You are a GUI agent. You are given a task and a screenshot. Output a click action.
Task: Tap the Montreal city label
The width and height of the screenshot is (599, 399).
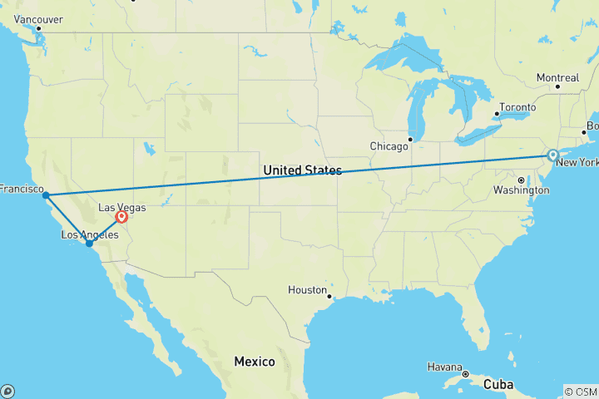(x=557, y=77)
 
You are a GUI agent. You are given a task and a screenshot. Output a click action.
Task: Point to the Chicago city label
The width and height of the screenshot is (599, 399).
(x=389, y=146)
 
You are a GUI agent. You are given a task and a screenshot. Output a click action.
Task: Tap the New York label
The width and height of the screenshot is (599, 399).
(x=577, y=162)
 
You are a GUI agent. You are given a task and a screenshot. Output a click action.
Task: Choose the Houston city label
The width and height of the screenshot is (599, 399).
(x=307, y=290)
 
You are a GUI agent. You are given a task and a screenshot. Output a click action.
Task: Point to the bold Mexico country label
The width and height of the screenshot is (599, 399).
(x=254, y=362)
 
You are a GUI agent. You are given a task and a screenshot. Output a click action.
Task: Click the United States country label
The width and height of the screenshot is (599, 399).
(x=302, y=170)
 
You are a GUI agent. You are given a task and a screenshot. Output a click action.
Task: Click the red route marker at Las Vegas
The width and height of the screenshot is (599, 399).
(x=122, y=217)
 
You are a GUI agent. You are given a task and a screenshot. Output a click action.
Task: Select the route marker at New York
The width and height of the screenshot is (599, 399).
(x=552, y=155)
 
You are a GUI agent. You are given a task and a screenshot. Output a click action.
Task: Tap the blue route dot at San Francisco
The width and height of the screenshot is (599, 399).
(x=46, y=195)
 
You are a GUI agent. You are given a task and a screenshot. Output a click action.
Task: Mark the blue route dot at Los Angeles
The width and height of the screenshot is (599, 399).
(x=89, y=244)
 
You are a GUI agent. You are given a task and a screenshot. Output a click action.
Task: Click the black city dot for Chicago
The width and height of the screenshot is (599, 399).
(x=410, y=139)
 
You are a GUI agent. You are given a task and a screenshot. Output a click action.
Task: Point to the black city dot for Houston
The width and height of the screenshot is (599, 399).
(x=330, y=296)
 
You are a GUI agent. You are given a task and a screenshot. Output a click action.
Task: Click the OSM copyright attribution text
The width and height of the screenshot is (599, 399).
(x=580, y=391)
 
